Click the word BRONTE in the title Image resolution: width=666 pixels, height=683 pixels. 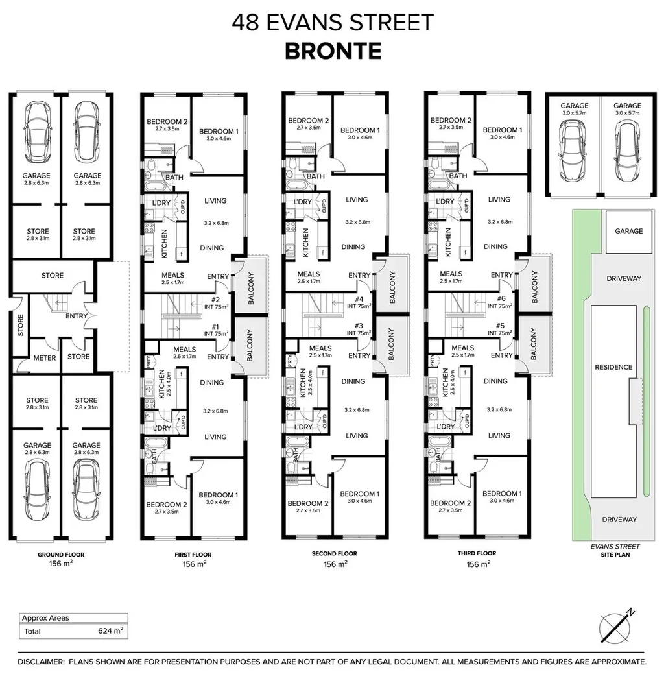[333, 51]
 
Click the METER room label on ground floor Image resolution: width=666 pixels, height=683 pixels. [44, 357]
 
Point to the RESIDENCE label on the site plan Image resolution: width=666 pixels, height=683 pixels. [613, 367]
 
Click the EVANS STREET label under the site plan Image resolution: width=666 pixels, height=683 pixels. [615, 547]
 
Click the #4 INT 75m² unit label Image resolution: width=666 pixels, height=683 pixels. [359, 302]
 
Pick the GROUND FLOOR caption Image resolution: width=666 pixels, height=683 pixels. [60, 555]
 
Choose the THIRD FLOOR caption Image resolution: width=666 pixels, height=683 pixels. [477, 553]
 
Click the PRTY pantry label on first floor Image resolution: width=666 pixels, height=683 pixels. [149, 365]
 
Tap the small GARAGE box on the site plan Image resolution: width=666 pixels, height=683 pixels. [628, 231]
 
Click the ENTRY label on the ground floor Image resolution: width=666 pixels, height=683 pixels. [77, 317]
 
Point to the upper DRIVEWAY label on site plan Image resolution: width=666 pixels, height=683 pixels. [623, 278]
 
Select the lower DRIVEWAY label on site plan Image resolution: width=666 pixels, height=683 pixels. [619, 520]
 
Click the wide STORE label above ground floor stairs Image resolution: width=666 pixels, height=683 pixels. [53, 276]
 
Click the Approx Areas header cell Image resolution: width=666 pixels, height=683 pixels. [45, 618]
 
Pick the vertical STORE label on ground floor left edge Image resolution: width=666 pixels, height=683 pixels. [20, 322]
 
